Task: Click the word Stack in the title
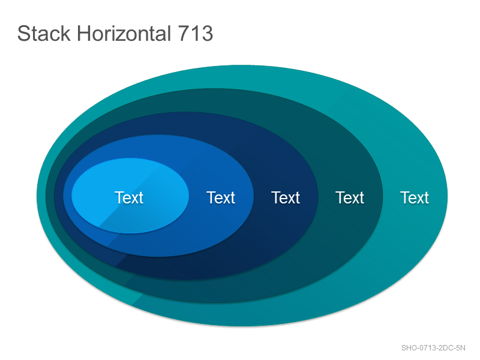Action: pos(44,33)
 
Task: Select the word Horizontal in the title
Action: pos(124,33)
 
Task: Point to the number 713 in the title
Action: pos(196,33)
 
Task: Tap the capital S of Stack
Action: pos(23,33)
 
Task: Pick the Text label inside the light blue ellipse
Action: pos(129,197)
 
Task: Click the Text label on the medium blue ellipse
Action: pos(221,197)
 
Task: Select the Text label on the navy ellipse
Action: pos(286,197)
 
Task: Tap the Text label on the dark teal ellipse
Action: pos(350,197)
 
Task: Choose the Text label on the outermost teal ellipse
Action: pos(415,197)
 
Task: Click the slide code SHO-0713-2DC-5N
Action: pos(433,348)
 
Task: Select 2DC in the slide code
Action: pos(446,348)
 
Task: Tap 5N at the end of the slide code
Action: pos(461,348)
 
